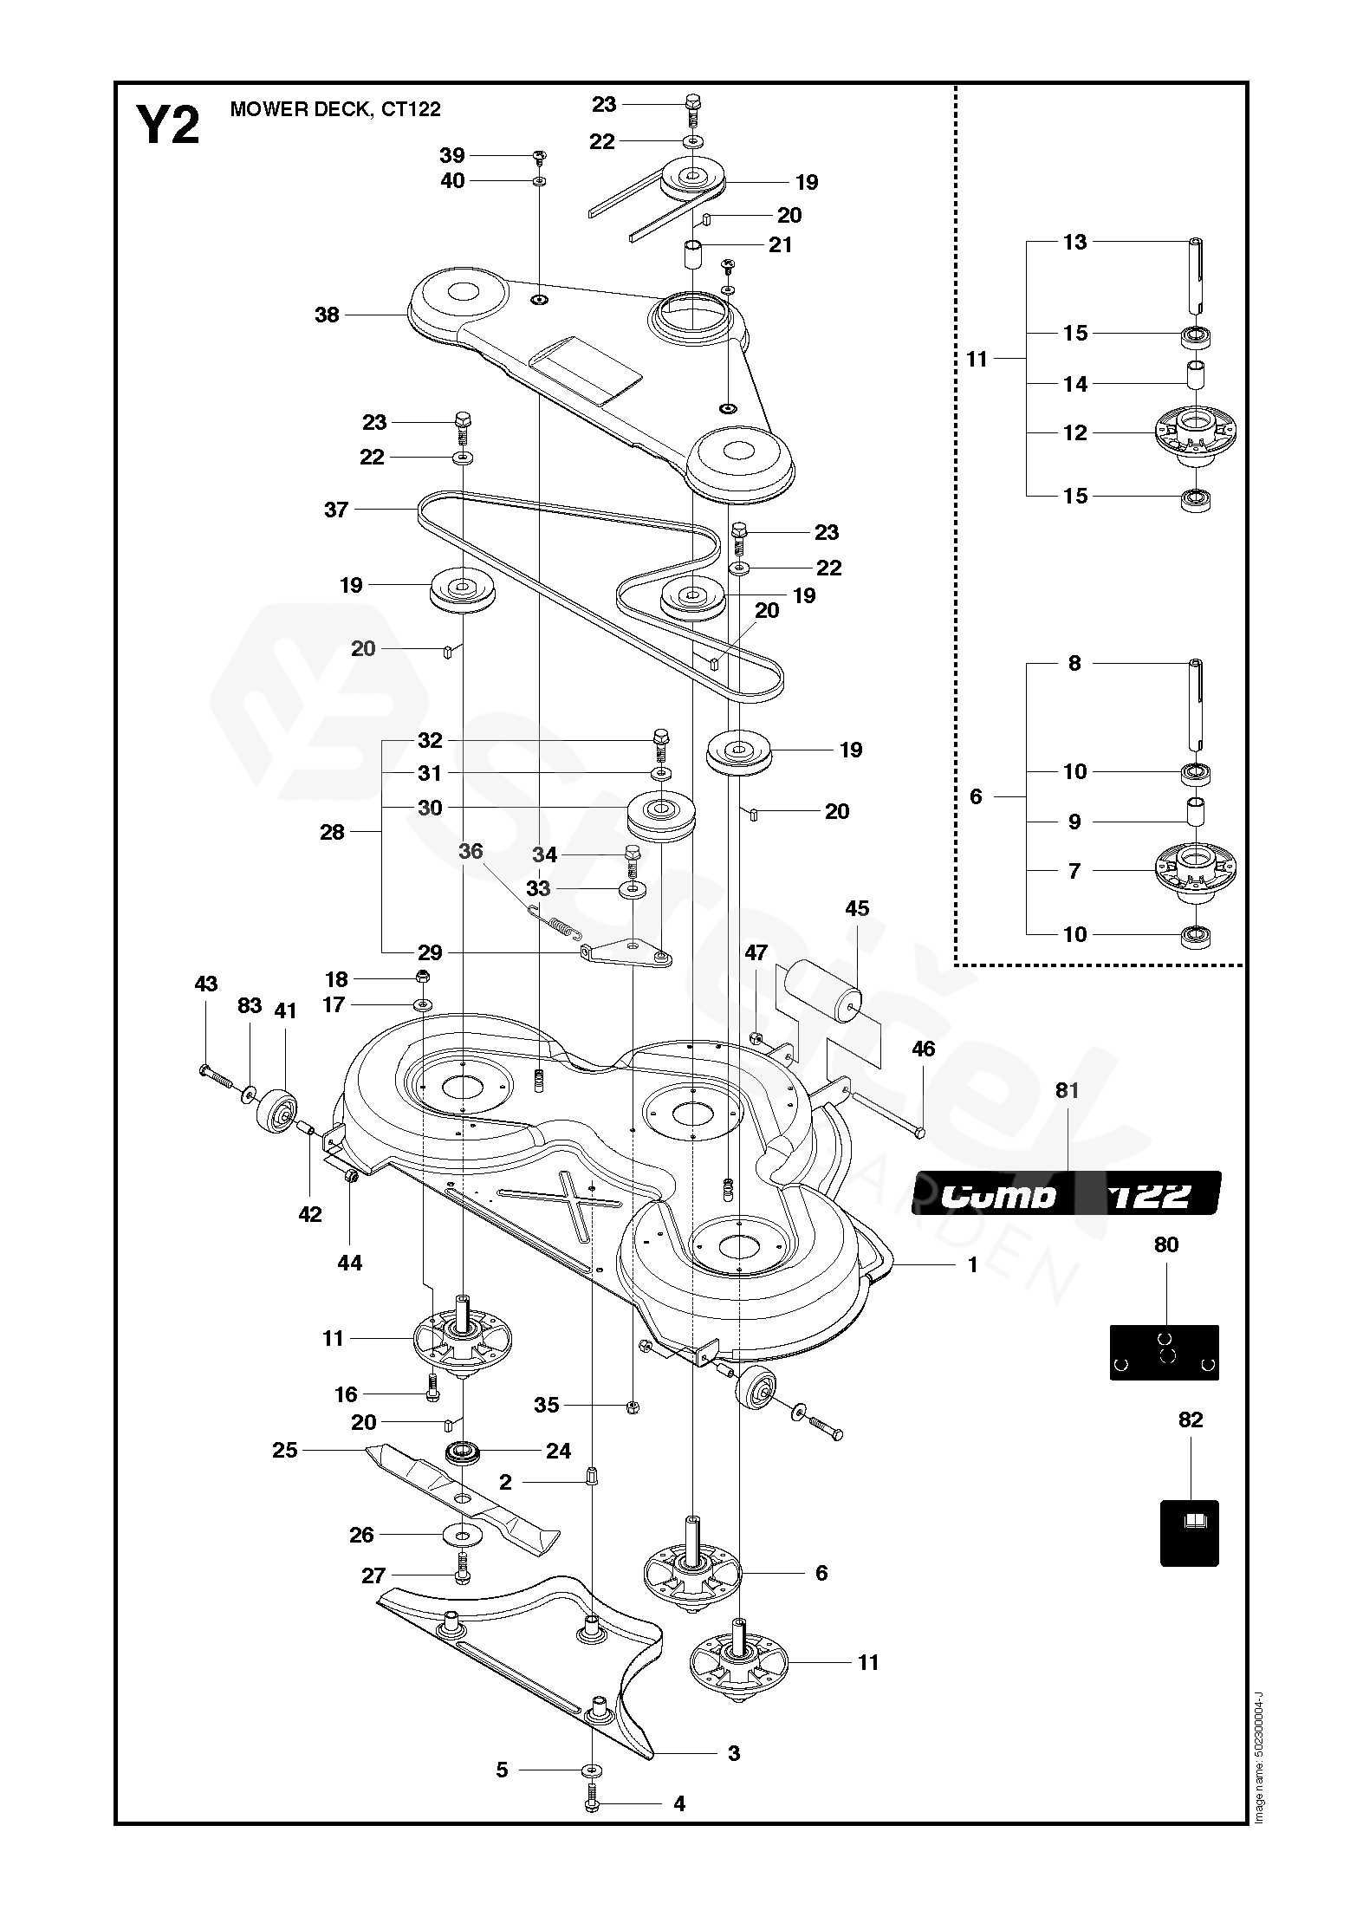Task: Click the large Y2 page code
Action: point(168,125)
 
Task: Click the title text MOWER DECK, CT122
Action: point(335,109)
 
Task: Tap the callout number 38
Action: point(327,315)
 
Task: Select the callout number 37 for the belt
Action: point(336,510)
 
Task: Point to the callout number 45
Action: point(857,908)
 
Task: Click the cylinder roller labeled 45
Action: point(821,994)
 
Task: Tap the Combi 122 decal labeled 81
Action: point(1066,1195)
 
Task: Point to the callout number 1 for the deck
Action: point(972,1265)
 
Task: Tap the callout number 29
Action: point(430,953)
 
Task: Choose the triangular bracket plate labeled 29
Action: point(628,952)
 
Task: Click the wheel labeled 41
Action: point(276,1108)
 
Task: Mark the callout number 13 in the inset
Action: point(1074,242)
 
